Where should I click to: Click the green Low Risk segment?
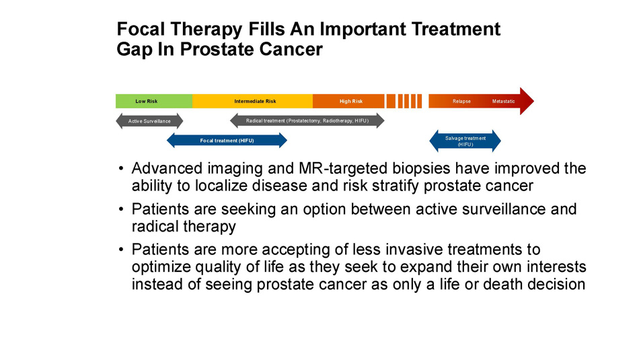154,101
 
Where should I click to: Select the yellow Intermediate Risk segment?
253,101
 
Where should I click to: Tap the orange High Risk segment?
348,101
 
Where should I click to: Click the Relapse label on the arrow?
461,101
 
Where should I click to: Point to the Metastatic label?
503,101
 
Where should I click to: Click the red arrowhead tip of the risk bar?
533,101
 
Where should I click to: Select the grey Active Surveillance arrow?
149,121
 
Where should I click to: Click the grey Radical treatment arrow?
307,120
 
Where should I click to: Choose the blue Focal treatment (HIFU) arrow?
227,141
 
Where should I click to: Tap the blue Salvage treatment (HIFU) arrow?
465,141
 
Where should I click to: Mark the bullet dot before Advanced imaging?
120,168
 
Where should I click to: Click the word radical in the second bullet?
155,226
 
